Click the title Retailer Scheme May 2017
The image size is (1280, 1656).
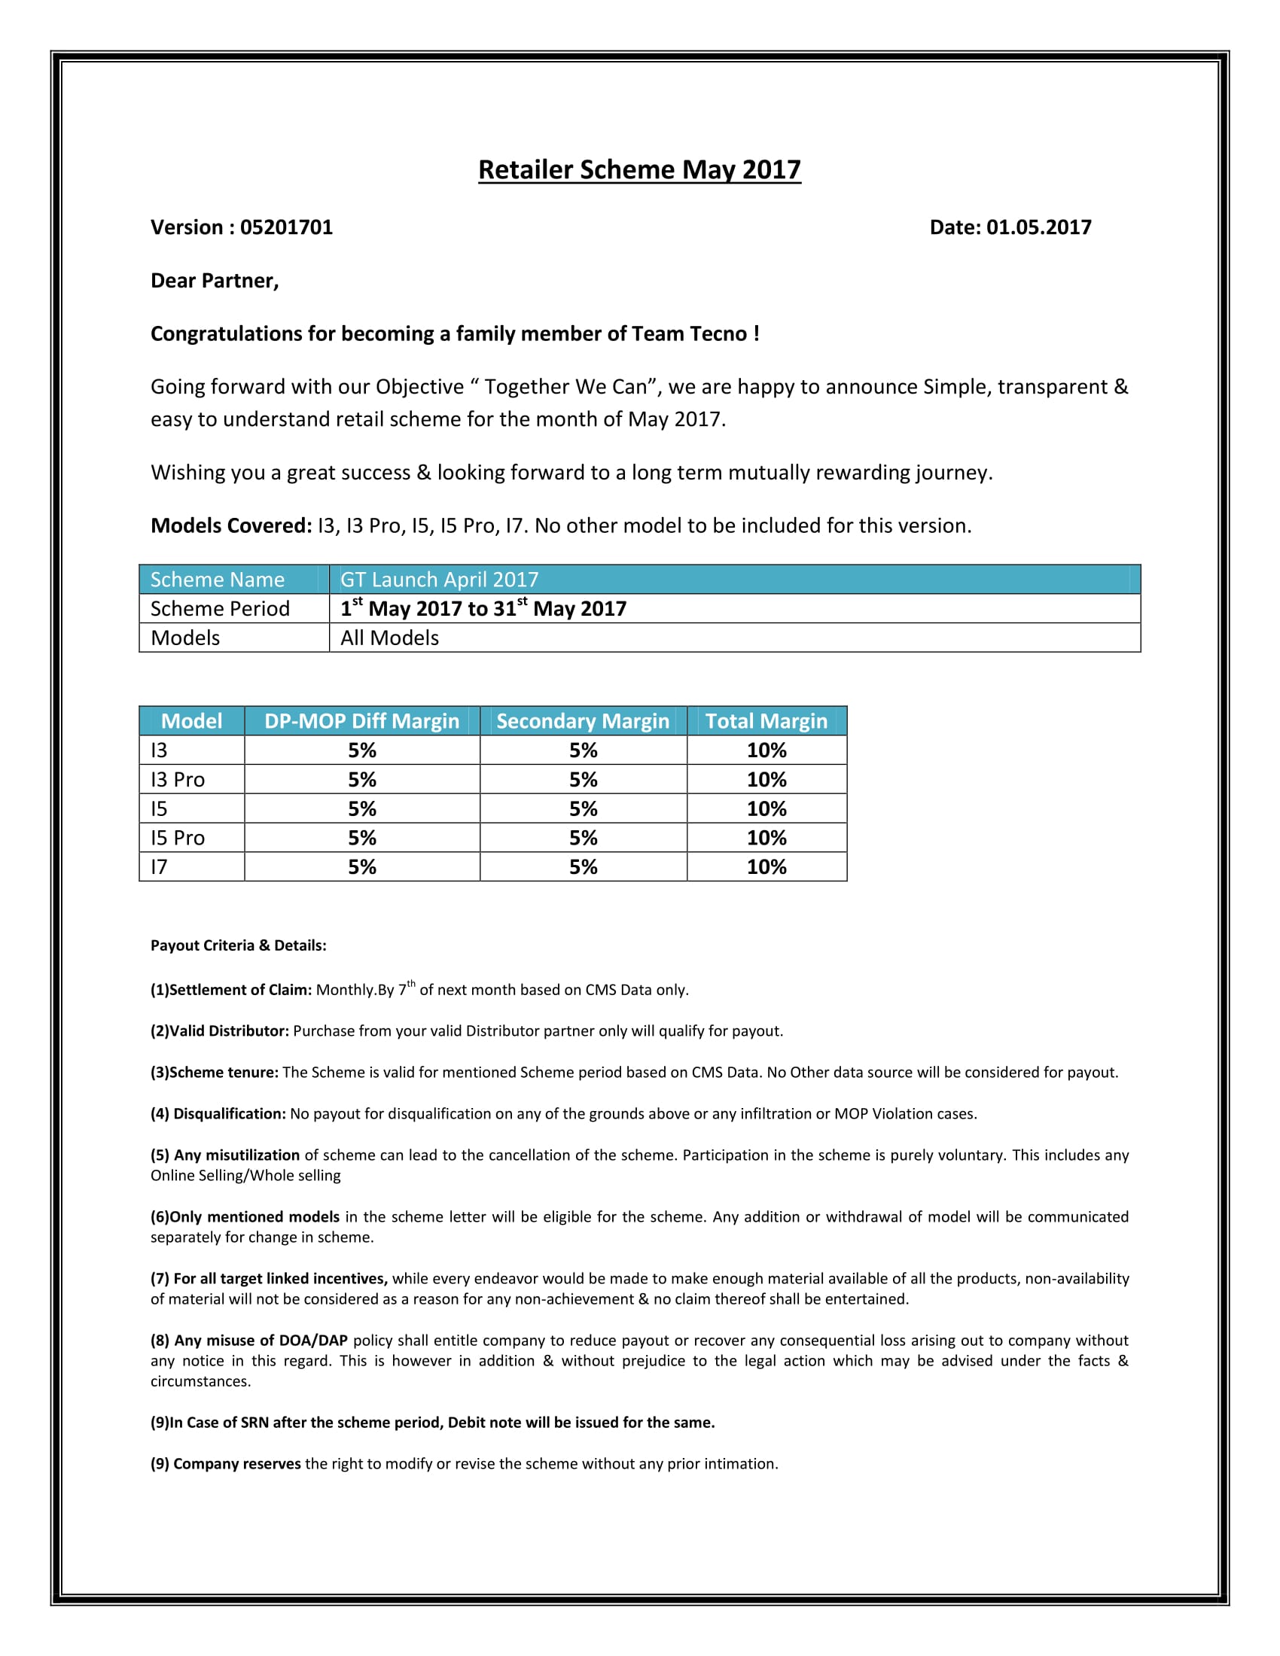(x=639, y=170)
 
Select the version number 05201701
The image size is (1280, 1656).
(x=286, y=227)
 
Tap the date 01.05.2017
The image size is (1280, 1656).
(x=1038, y=227)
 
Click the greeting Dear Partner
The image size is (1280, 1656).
(x=215, y=282)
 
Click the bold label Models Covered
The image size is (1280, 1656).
(x=230, y=526)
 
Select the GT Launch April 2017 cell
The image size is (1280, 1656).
(x=439, y=580)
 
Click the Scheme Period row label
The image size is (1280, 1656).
(x=220, y=609)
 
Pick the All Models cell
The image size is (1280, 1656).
(x=390, y=638)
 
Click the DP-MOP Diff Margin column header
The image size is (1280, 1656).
(x=361, y=721)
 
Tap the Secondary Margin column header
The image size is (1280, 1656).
(x=582, y=721)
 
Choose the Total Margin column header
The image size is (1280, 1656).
(x=766, y=721)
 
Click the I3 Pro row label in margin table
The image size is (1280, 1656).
(x=178, y=780)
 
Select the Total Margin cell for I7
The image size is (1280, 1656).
(x=766, y=867)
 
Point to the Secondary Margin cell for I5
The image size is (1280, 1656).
(x=583, y=809)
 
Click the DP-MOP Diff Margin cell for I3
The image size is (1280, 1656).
(x=361, y=750)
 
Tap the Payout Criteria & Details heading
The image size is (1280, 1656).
(x=238, y=945)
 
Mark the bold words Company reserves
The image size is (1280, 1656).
(x=236, y=1464)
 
